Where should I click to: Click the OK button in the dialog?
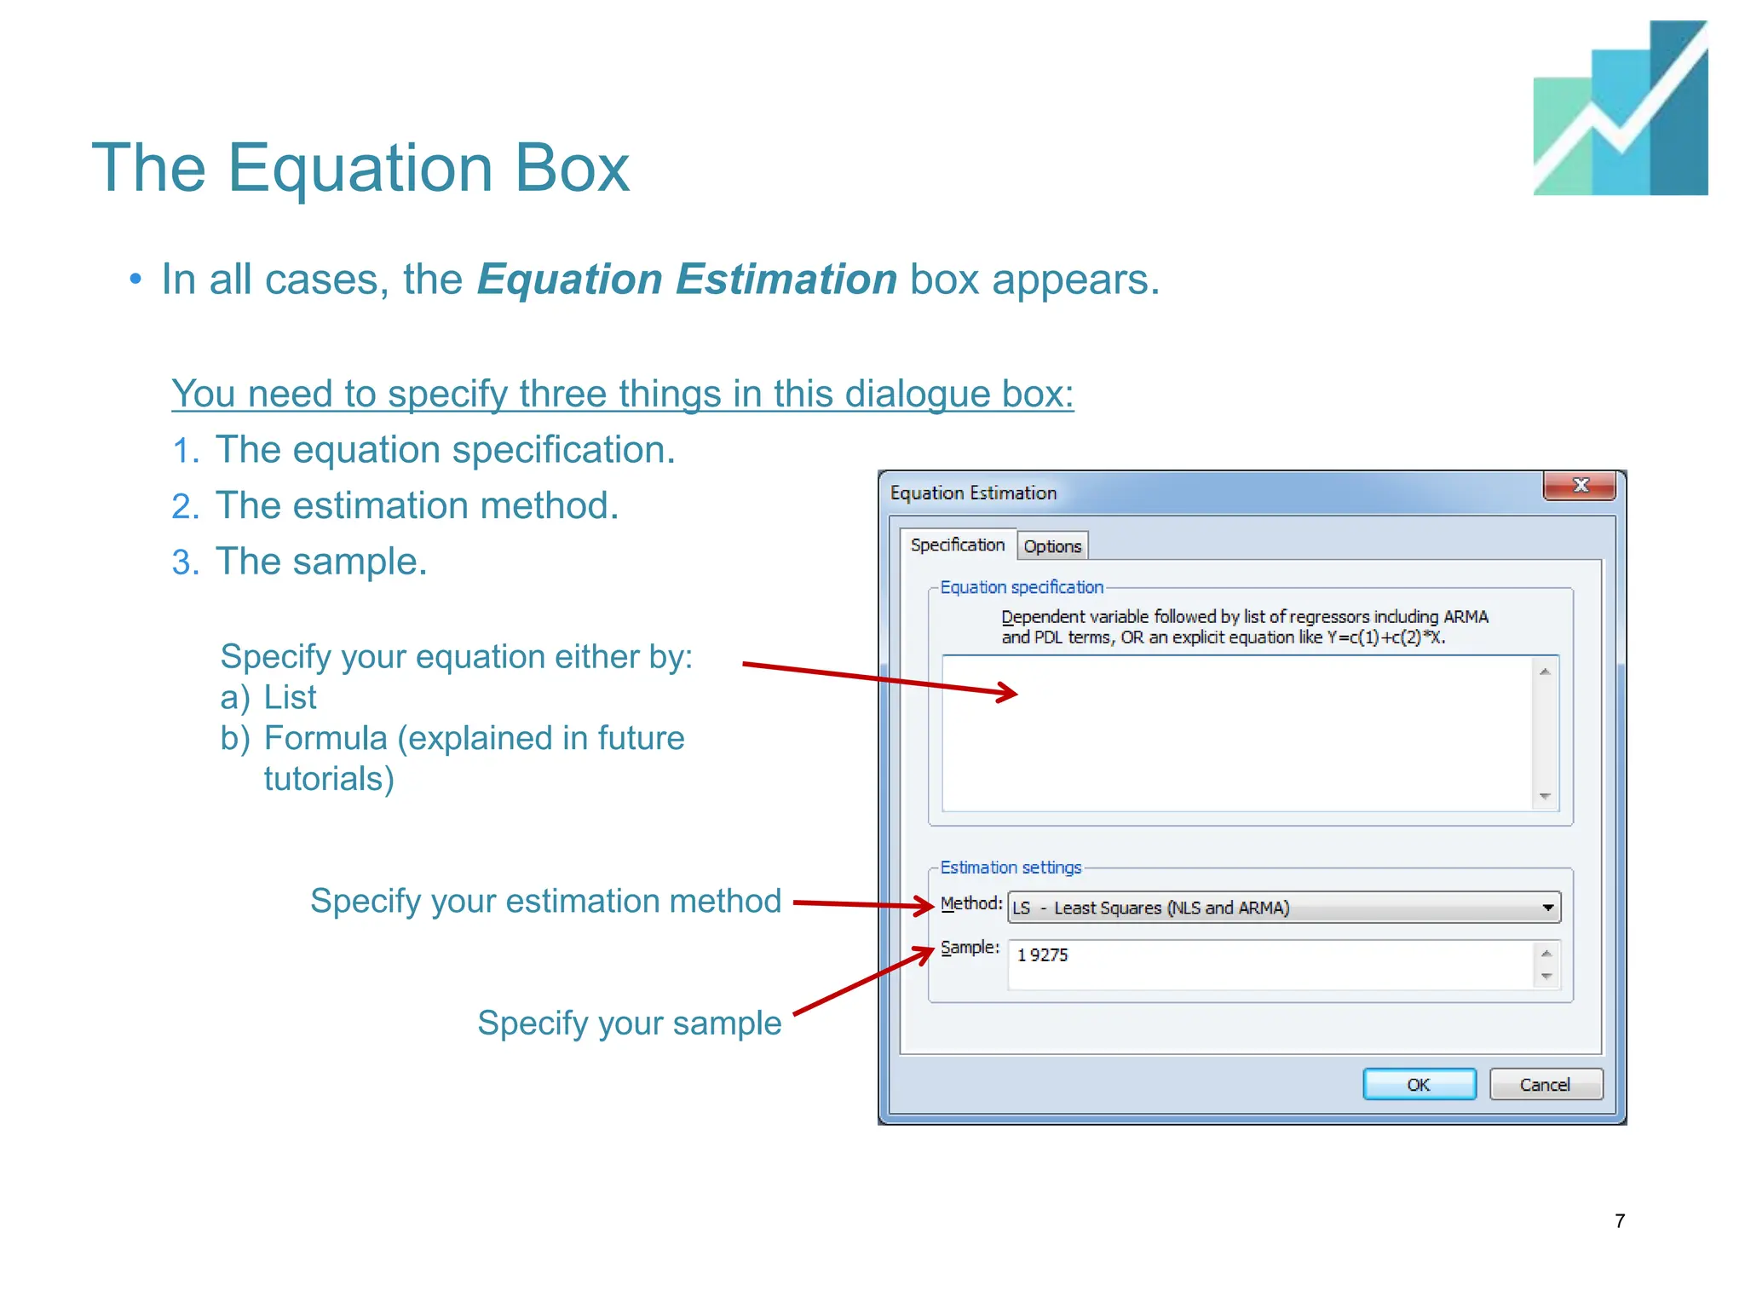click(x=1419, y=1084)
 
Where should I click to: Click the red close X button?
click(x=1580, y=486)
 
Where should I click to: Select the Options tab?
click(x=1052, y=546)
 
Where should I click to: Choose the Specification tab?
click(x=958, y=545)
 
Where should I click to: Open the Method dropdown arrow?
click(x=1548, y=908)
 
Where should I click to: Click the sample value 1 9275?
click(x=1042, y=955)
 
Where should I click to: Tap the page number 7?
click(x=1620, y=1221)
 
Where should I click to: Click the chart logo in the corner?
click(x=1620, y=108)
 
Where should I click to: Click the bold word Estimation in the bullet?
click(x=786, y=280)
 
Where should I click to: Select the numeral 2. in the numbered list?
click(x=185, y=507)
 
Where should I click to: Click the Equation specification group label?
click(x=1021, y=587)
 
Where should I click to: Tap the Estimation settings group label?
click(x=1011, y=868)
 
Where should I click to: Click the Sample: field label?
click(x=970, y=948)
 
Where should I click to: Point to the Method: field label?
click(x=971, y=903)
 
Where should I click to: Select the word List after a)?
click(x=290, y=698)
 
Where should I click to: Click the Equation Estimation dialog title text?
click(x=973, y=493)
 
